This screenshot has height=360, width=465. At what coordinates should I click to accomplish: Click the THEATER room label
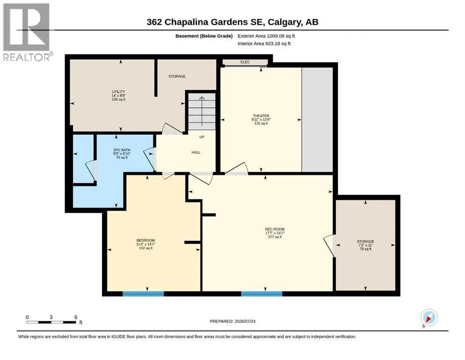261,116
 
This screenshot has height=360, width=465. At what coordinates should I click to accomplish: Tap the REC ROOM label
274,229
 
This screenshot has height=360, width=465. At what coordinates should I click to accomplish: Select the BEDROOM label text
146,240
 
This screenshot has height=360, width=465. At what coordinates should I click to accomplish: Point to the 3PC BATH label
122,150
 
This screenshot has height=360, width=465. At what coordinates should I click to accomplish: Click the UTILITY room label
118,92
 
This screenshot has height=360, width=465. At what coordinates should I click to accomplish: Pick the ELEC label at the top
245,62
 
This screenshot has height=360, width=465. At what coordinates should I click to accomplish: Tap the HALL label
196,152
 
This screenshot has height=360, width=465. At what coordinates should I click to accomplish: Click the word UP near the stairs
202,137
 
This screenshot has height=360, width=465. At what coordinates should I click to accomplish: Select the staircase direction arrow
202,111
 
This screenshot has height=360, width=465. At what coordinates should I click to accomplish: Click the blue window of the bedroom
143,294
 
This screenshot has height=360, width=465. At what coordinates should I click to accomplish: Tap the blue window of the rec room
262,294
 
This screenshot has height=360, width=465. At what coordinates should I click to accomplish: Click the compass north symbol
429,318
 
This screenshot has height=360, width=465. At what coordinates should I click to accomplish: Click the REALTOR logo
27,32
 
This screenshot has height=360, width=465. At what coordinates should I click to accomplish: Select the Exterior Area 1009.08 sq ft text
266,36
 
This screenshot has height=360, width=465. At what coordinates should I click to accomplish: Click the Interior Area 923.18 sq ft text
264,44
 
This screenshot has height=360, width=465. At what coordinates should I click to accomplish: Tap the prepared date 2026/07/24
245,321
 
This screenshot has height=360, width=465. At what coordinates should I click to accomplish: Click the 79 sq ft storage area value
365,249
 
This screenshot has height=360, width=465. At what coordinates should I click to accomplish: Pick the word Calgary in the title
285,22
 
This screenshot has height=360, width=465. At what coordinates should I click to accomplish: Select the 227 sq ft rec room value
274,237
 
